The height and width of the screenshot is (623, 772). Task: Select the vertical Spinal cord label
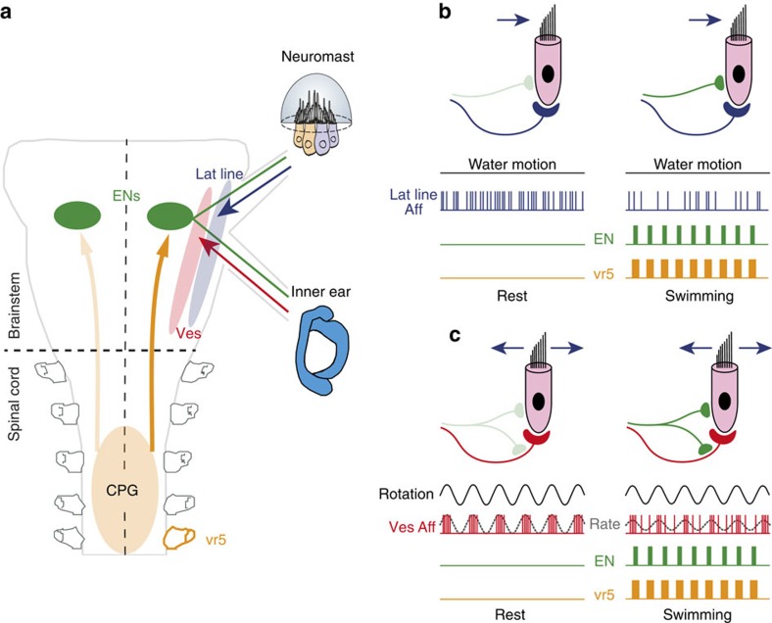point(11,412)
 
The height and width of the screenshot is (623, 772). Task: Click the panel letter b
point(445,12)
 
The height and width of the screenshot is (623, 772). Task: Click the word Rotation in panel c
point(404,494)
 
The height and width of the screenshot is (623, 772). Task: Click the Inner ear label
point(314,292)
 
